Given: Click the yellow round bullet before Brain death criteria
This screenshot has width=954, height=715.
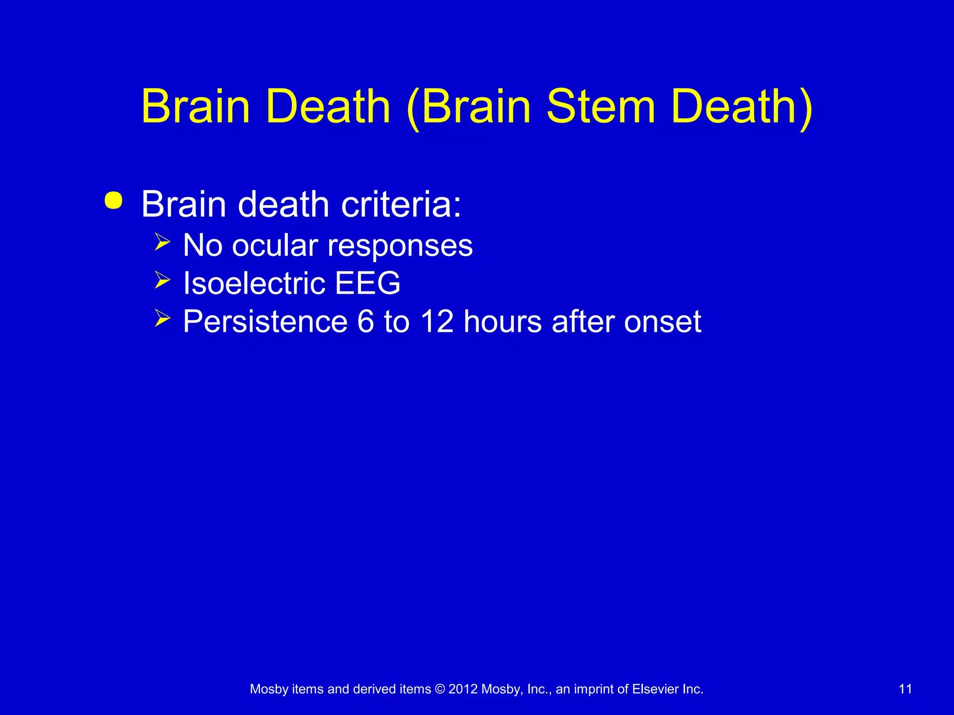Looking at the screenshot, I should (114, 201).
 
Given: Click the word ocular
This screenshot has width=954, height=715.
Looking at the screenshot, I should (275, 246).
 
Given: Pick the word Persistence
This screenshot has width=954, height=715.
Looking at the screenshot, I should (265, 321).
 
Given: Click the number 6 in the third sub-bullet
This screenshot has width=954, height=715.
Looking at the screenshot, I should (366, 321).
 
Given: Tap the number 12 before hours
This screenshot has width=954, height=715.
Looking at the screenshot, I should (436, 321).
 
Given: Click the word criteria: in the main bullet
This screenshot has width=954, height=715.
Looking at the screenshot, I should (401, 204).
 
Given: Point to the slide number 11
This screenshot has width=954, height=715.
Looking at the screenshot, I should (905, 689).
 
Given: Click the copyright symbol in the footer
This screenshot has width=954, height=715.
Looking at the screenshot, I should (440, 689).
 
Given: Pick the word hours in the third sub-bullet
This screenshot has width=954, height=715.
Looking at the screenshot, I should (503, 321).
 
